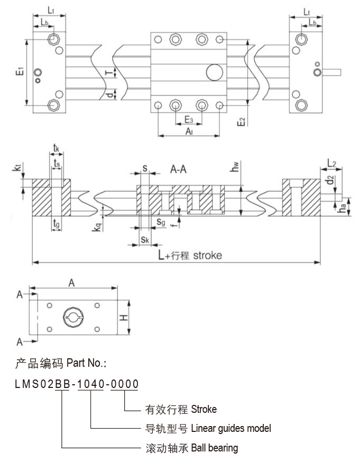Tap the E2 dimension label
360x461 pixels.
pyautogui.click(x=242, y=121)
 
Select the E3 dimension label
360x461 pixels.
pyautogui.click(x=188, y=120)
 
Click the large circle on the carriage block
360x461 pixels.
pyautogui.click(x=215, y=72)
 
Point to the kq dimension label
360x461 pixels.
pyautogui.click(x=96, y=225)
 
